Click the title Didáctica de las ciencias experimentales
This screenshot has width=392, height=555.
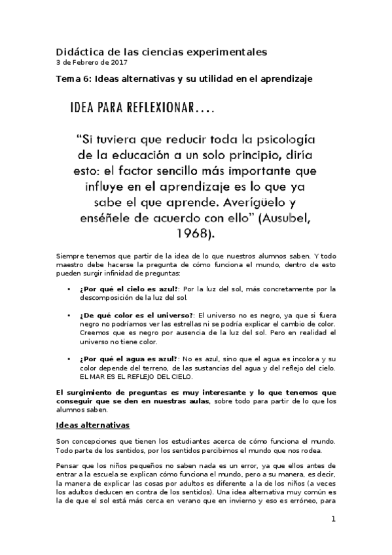click(158, 51)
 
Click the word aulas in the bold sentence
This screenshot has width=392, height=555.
click(190, 401)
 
